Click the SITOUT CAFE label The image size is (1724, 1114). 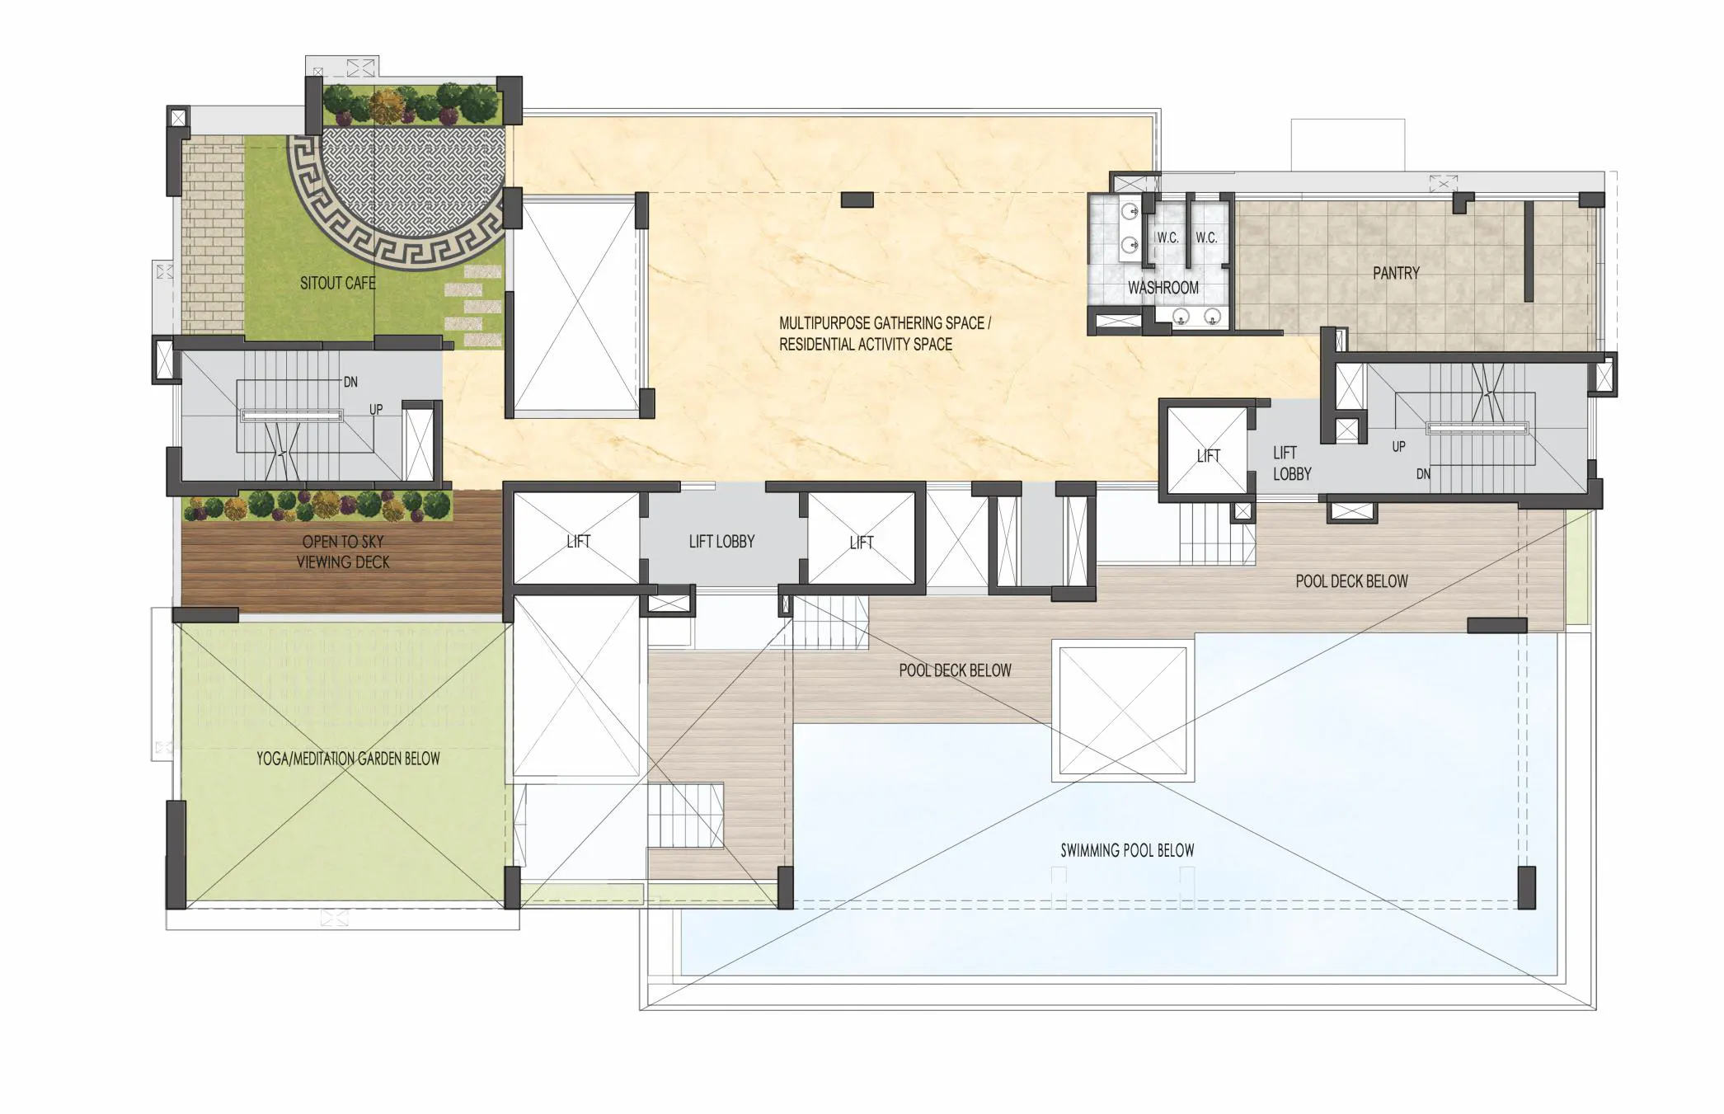pos(337,283)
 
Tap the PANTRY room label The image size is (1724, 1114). pos(1396,273)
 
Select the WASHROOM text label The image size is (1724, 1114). pos(1163,288)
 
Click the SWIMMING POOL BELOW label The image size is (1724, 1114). pos(1127,850)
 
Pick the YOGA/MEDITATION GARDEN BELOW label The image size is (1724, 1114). pos(348,759)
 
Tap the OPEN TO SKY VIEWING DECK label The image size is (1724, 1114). pos(343,552)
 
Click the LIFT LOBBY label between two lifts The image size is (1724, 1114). pos(721,542)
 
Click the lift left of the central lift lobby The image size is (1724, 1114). pos(577,538)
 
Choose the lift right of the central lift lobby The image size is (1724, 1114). pos(862,538)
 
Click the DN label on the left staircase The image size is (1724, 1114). pos(351,382)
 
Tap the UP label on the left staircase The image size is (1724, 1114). pos(376,409)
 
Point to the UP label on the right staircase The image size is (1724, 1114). pos(1398,446)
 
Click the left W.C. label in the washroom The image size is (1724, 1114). pos(1167,237)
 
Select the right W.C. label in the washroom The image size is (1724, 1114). pos(1206,237)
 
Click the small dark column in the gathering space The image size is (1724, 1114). pos(857,200)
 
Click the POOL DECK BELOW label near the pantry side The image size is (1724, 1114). pos(1351,581)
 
